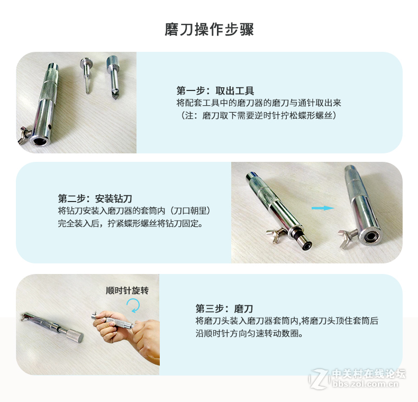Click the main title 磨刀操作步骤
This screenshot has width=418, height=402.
[x=209, y=30]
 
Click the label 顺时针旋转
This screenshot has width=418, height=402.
[x=127, y=290]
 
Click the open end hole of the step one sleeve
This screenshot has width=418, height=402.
[x=40, y=141]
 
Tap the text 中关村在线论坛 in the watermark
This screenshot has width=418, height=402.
[x=369, y=373]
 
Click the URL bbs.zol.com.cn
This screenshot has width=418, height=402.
[x=365, y=384]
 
